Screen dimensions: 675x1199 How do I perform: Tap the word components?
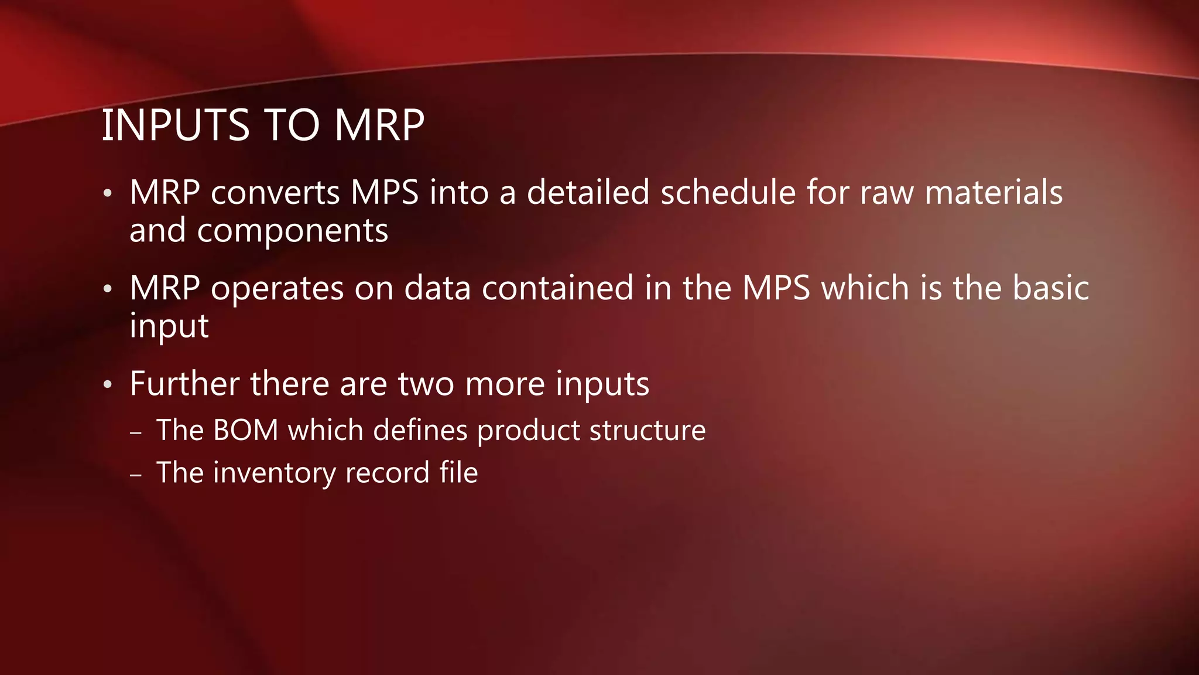click(x=292, y=231)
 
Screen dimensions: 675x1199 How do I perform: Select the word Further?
click(x=185, y=384)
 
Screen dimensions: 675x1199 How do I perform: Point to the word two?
click(x=426, y=384)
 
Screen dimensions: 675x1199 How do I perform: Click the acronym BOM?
click(x=246, y=430)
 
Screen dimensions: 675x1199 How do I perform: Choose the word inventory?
click(x=275, y=473)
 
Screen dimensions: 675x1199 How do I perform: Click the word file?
click(x=458, y=473)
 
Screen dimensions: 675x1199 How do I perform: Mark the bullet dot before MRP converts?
click(x=107, y=193)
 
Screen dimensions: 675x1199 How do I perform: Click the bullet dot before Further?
click(x=107, y=385)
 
